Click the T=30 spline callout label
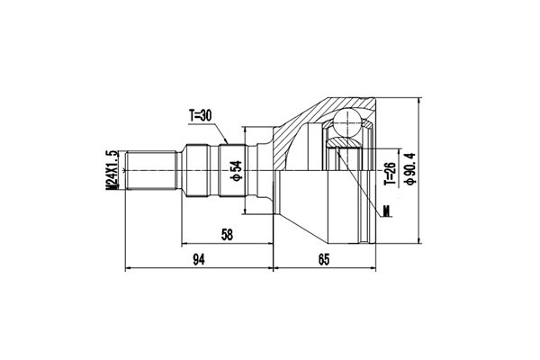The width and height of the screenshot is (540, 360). click(201, 115)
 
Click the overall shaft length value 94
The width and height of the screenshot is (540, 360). click(200, 260)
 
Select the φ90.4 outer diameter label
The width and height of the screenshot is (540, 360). click(410, 166)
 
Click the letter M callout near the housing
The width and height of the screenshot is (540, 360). click(387, 211)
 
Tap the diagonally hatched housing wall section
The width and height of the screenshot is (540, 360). click(297, 126)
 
